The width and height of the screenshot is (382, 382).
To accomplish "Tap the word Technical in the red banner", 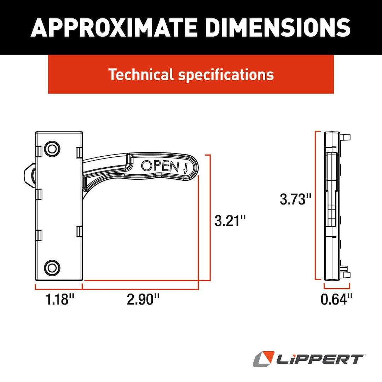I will [x=141, y=75].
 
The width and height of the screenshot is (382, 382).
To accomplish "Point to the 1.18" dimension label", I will [x=60, y=300].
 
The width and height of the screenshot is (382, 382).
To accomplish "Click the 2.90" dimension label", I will [x=143, y=300].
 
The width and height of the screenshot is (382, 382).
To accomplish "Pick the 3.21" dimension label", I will [x=230, y=221].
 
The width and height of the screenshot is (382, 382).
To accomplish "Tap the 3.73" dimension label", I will [x=295, y=199].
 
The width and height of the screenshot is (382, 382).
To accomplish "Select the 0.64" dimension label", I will [x=337, y=300].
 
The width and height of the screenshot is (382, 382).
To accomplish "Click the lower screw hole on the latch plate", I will [x=52, y=267].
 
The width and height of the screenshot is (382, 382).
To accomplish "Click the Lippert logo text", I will [x=320, y=359].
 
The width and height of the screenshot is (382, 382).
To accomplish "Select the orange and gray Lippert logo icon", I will [x=264, y=359].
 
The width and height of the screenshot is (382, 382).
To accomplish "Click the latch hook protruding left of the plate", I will [x=29, y=176].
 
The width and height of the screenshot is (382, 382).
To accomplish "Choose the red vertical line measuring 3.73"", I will [x=316, y=205].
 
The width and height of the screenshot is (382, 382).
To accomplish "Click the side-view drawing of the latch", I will [x=334, y=205].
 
